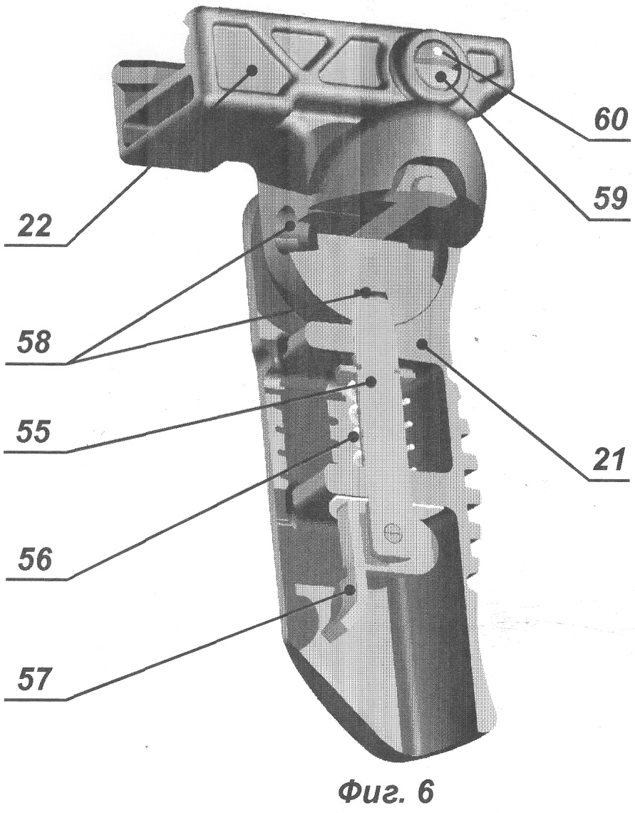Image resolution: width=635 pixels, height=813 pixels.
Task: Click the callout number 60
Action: tap(611, 121)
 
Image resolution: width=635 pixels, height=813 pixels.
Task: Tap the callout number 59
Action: tap(611, 199)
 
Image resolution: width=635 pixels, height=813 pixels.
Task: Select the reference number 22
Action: tap(34, 225)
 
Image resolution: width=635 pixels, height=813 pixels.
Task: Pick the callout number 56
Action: tap(34, 559)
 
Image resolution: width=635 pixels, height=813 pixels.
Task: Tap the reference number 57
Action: tap(34, 680)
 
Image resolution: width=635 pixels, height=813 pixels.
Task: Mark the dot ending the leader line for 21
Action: tap(423, 343)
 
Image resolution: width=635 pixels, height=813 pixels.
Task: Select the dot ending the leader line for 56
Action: tap(355, 436)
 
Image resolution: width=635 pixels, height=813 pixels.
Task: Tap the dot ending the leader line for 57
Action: tap(351, 589)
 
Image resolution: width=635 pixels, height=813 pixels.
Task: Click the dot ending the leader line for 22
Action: tap(252, 71)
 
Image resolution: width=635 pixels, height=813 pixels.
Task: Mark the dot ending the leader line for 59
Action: tap(441, 77)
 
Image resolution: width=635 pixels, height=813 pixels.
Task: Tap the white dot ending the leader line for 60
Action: tap(440, 51)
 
